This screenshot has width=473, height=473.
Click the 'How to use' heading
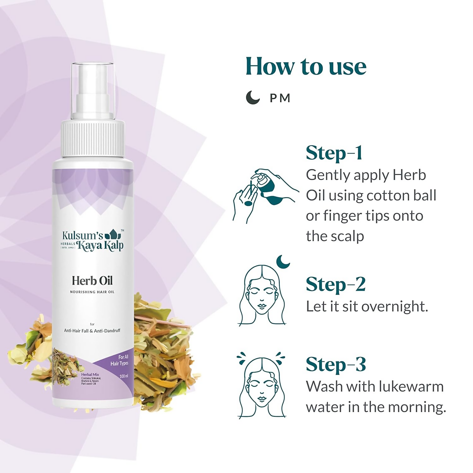(306, 67)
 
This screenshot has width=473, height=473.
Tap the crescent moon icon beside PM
(253, 97)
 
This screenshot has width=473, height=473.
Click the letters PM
(280, 98)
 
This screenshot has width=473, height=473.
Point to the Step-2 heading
(336, 284)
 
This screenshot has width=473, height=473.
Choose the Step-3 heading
(336, 365)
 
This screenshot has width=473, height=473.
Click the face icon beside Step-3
(262, 386)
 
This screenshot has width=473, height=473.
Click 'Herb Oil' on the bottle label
(92, 281)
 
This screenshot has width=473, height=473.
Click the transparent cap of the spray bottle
(92, 90)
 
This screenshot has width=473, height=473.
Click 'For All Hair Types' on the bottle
(120, 360)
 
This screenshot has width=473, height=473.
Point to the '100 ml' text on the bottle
(124, 376)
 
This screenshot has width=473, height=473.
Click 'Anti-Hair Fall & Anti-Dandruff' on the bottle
(92, 331)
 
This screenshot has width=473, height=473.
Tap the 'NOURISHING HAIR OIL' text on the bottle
(92, 292)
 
